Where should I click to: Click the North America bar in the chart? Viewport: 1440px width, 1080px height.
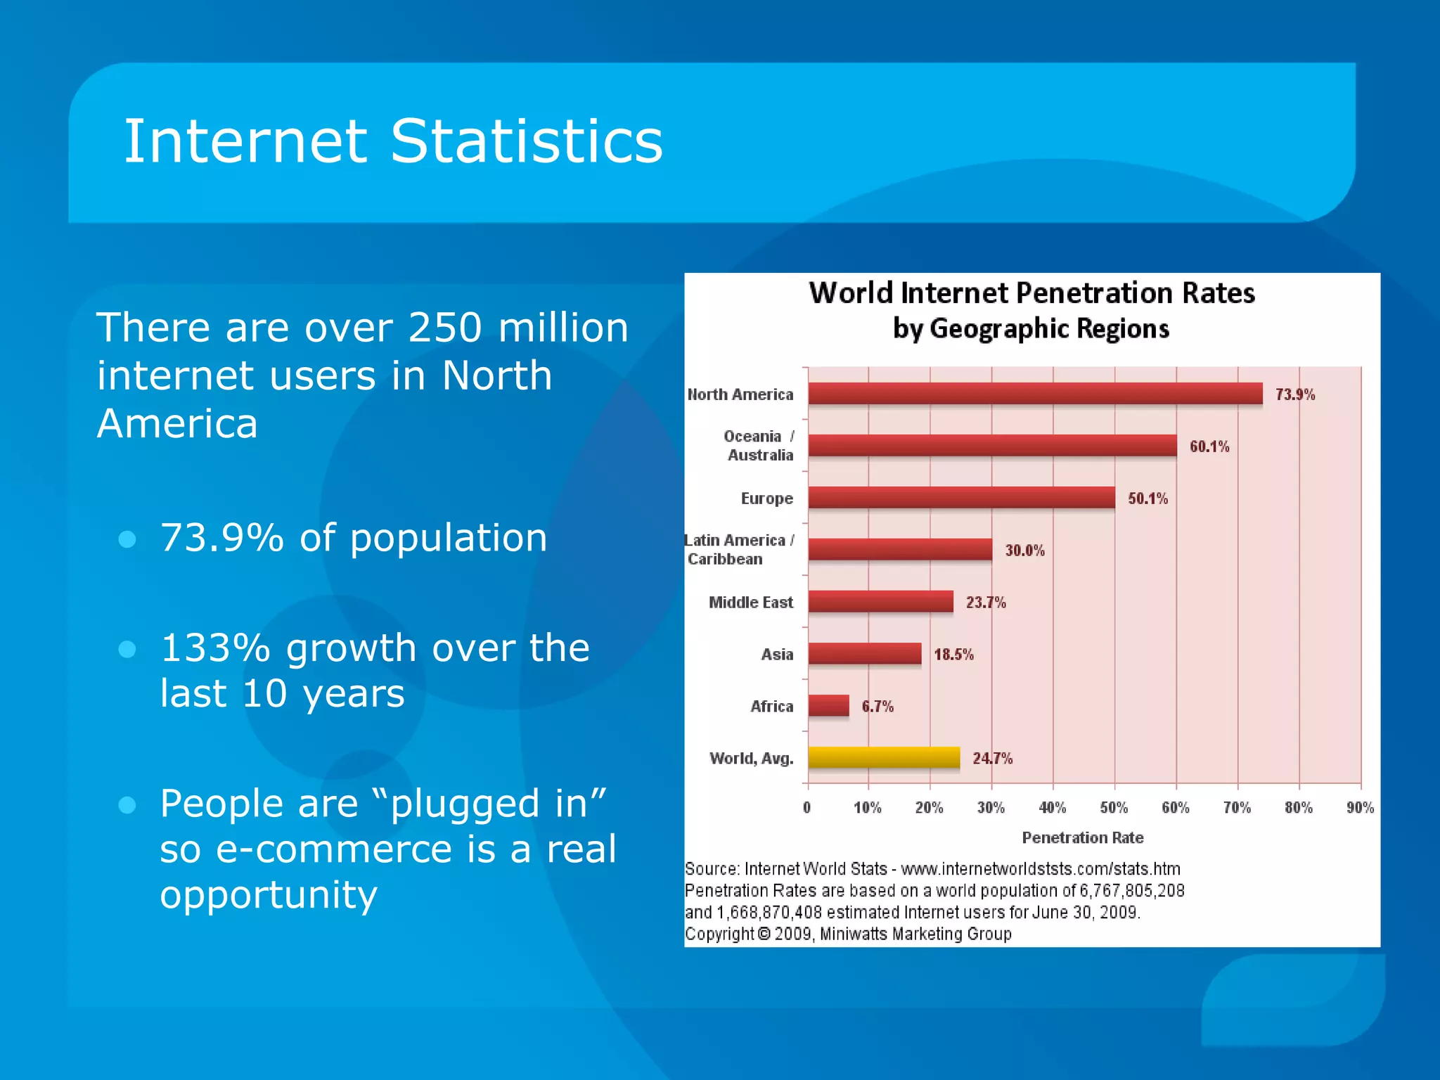point(1035,393)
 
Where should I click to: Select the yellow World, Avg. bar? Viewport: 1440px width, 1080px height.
point(884,757)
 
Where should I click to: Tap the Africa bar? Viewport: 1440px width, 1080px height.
point(828,705)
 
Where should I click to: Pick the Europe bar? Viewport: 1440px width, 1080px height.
point(961,497)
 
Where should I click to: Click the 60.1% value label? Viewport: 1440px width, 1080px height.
point(1209,446)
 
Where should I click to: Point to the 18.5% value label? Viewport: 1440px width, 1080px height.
point(953,655)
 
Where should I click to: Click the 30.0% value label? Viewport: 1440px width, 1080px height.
point(1024,551)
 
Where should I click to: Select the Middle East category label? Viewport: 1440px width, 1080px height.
point(750,603)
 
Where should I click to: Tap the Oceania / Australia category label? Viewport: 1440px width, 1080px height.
point(759,446)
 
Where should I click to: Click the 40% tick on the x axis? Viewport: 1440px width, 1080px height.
point(1053,808)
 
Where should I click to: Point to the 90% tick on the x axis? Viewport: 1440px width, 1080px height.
point(1360,808)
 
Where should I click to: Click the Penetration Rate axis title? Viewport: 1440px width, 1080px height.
point(1082,837)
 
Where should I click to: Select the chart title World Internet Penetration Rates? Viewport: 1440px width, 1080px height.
point(1031,293)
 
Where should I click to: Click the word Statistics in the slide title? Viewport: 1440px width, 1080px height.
point(526,141)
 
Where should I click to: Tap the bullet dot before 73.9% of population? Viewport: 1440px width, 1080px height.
point(127,539)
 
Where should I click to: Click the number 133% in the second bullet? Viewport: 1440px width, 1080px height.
point(215,648)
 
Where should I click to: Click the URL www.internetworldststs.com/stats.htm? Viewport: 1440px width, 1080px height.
point(1040,869)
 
